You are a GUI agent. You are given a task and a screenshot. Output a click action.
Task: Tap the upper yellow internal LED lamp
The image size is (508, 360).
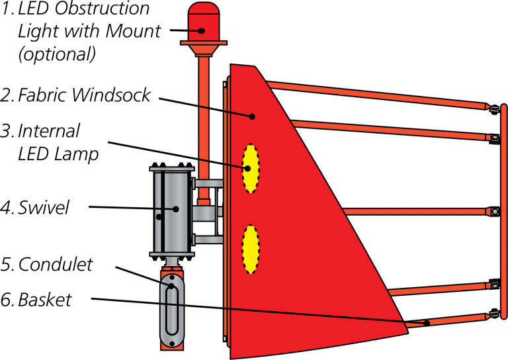pos(250,168)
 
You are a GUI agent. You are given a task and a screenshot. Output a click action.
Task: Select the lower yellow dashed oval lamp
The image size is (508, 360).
pos(250,249)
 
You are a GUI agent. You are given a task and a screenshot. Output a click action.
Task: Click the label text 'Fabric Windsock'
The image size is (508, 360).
pos(84,95)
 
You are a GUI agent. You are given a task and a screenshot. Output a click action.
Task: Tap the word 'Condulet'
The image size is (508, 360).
pos(56,265)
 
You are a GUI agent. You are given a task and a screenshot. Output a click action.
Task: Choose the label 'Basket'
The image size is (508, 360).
pos(45,300)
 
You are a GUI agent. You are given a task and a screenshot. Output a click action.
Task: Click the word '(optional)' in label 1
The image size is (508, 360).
pos(56,53)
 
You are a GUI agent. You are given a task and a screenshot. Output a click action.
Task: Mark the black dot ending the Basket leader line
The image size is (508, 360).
pos(427,323)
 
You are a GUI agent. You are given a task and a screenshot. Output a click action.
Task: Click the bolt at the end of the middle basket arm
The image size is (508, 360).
pos(493,212)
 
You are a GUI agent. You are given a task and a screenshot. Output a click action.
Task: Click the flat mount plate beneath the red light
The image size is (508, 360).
pos(206,45)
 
